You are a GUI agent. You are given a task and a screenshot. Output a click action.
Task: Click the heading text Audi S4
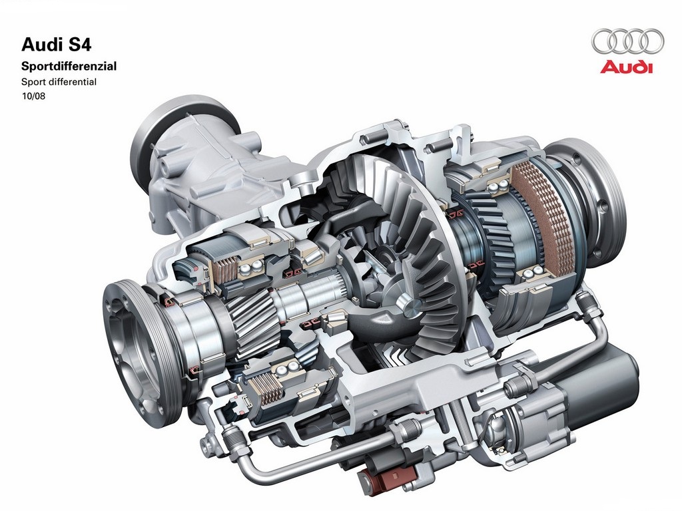pos(56,45)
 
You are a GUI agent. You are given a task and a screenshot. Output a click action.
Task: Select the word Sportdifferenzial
pos(69,66)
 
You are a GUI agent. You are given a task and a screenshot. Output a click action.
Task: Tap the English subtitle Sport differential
pos(59,82)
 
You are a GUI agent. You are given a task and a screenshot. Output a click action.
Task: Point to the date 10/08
pos(33,96)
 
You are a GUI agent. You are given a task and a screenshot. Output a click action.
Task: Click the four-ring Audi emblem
pos(627,41)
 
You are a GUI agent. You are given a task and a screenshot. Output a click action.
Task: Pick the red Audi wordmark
pos(627,67)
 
